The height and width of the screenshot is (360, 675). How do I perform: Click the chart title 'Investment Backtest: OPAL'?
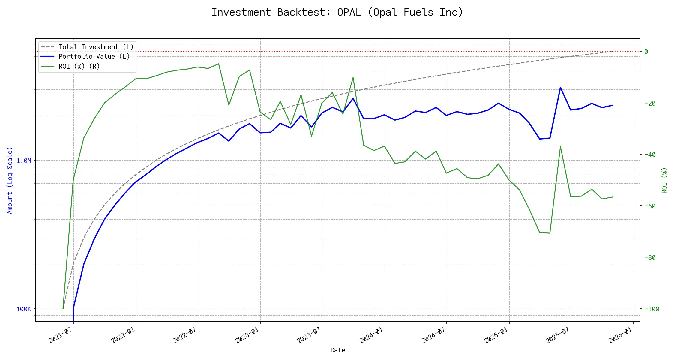pos(337,12)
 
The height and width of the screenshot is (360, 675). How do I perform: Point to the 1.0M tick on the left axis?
pos(24,161)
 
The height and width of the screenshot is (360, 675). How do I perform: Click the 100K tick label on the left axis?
pos(24,309)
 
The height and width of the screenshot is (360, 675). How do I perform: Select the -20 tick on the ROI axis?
pos(652,103)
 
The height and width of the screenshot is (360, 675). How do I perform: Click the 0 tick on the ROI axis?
pos(646,52)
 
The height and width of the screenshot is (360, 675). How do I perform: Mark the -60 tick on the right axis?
pos(652,206)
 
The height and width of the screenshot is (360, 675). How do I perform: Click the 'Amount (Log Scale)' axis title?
pos(10,180)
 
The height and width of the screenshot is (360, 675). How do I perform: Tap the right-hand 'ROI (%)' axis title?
pos(664,180)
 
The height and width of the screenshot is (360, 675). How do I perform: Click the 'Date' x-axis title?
pos(338,350)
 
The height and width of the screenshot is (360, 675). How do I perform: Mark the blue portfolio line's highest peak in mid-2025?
pos(560,87)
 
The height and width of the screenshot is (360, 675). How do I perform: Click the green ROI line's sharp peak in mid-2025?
pos(560,146)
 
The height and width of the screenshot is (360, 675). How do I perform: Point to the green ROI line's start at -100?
pos(63,308)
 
